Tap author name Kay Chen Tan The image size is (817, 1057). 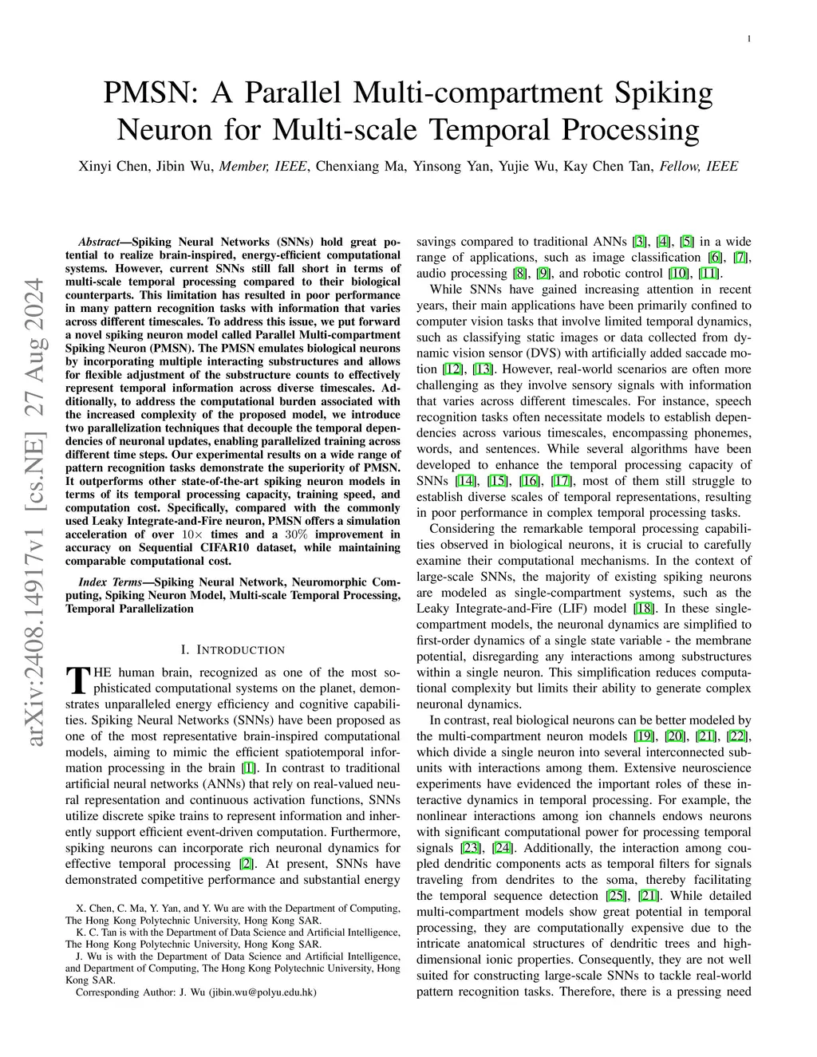pyautogui.click(x=610, y=167)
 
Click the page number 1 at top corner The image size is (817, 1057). pyautogui.click(x=751, y=38)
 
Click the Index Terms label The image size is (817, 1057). pyautogui.click(x=108, y=582)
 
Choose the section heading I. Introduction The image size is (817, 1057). pyautogui.click(x=232, y=649)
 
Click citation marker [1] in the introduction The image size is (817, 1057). pyautogui.click(x=249, y=768)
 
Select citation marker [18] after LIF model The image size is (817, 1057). pyautogui.click(x=643, y=609)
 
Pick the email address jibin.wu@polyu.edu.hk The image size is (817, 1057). pyautogui.click(x=262, y=992)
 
